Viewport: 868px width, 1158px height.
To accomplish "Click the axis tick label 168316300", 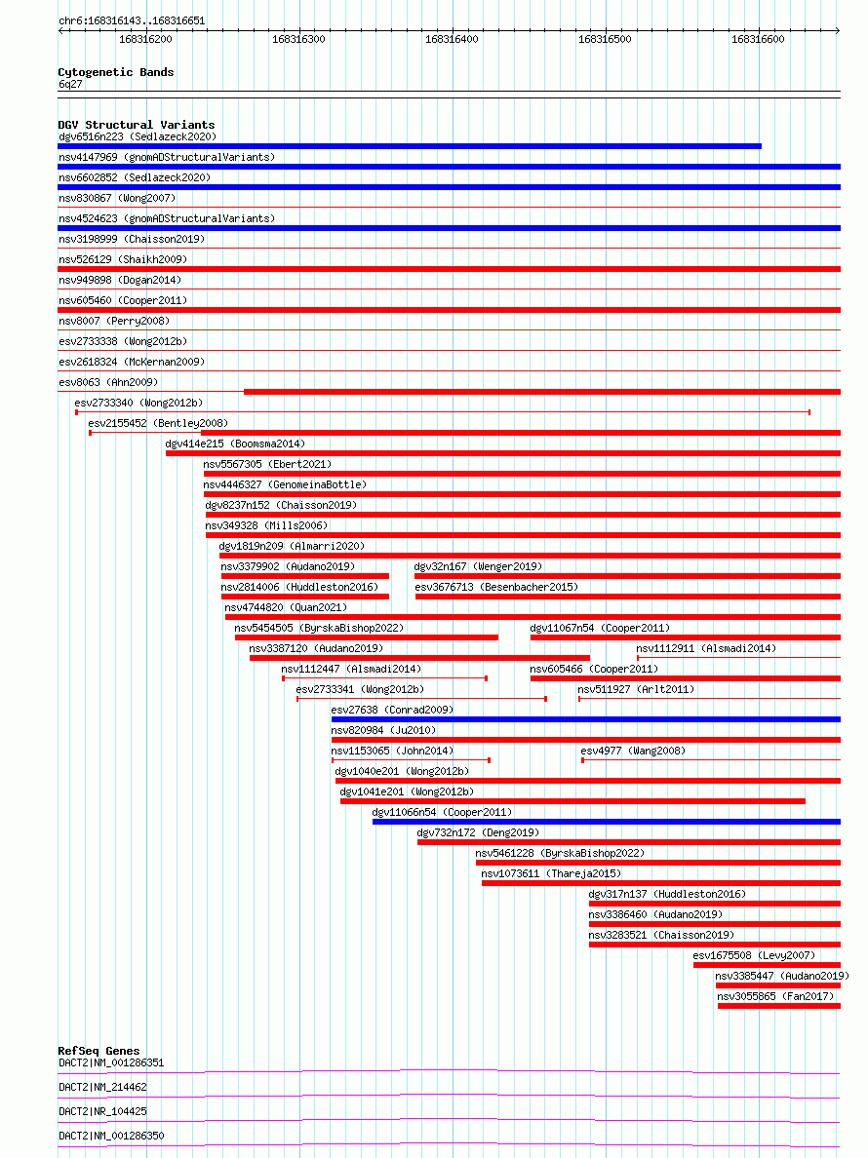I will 298,40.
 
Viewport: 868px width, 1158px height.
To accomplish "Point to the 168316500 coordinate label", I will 605,40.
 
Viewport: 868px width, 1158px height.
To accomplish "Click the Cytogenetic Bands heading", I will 116,72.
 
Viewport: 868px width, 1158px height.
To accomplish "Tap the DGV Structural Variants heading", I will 137,125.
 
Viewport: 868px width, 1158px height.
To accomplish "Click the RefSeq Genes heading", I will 99,1051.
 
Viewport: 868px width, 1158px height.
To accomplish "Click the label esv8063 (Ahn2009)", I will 107,382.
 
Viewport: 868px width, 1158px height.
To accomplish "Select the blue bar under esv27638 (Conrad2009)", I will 585,719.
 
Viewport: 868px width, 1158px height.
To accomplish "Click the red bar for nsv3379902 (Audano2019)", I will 304,576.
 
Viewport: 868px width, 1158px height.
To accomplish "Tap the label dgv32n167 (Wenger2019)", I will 478,566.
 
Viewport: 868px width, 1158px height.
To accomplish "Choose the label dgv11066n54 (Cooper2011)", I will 442,812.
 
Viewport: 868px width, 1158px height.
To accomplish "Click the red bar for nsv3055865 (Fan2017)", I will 778,1006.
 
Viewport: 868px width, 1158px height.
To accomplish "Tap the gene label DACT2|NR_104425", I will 103,1111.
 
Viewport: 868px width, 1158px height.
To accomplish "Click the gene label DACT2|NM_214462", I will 103,1087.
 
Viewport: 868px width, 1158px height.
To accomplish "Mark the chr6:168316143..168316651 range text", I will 132,20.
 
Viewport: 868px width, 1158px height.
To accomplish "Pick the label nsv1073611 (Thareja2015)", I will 551,873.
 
